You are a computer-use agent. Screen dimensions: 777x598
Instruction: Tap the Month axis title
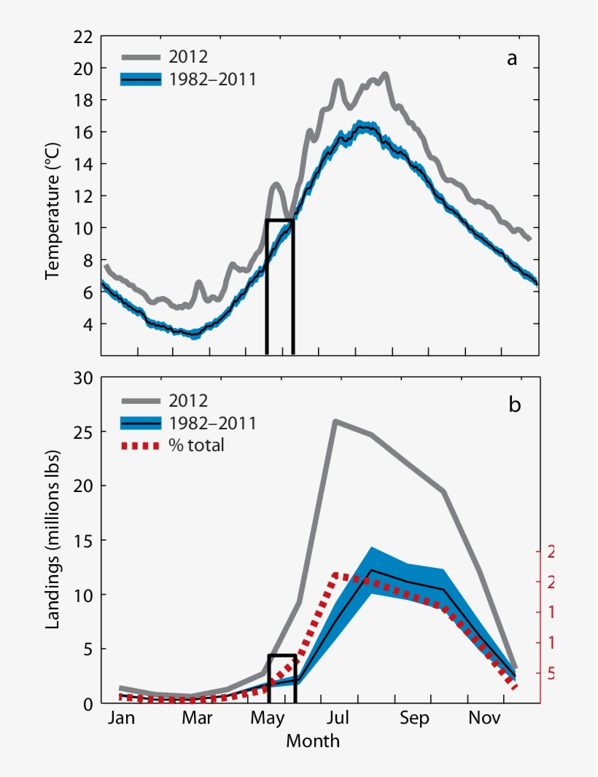click(312, 742)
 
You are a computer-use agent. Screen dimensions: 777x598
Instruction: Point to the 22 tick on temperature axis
click(84, 36)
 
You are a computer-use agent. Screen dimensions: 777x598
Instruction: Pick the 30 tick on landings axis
click(84, 378)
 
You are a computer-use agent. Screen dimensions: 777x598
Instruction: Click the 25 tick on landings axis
click(84, 432)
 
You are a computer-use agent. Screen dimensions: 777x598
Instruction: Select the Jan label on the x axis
click(121, 718)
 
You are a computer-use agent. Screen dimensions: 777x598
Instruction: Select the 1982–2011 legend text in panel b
click(212, 423)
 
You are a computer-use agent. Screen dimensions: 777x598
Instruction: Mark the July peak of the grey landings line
click(335, 421)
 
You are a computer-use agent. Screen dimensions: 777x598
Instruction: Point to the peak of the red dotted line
click(335, 575)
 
